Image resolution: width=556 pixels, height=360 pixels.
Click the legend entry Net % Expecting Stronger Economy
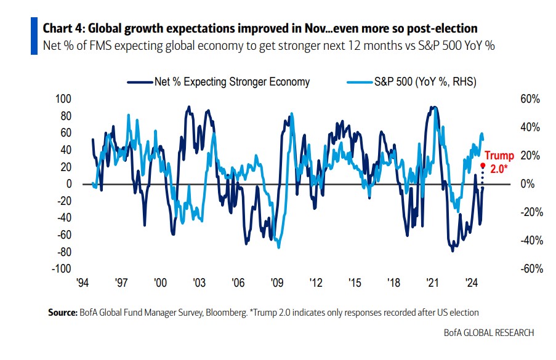232,82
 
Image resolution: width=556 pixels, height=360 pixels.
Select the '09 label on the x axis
276,283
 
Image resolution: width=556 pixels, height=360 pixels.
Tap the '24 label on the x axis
471,283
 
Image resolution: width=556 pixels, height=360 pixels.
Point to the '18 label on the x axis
393,283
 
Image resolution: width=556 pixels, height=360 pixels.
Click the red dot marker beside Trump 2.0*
483,166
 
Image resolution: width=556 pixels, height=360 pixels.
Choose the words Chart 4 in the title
61,28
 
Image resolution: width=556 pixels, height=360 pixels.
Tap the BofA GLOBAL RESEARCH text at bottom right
489,333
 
